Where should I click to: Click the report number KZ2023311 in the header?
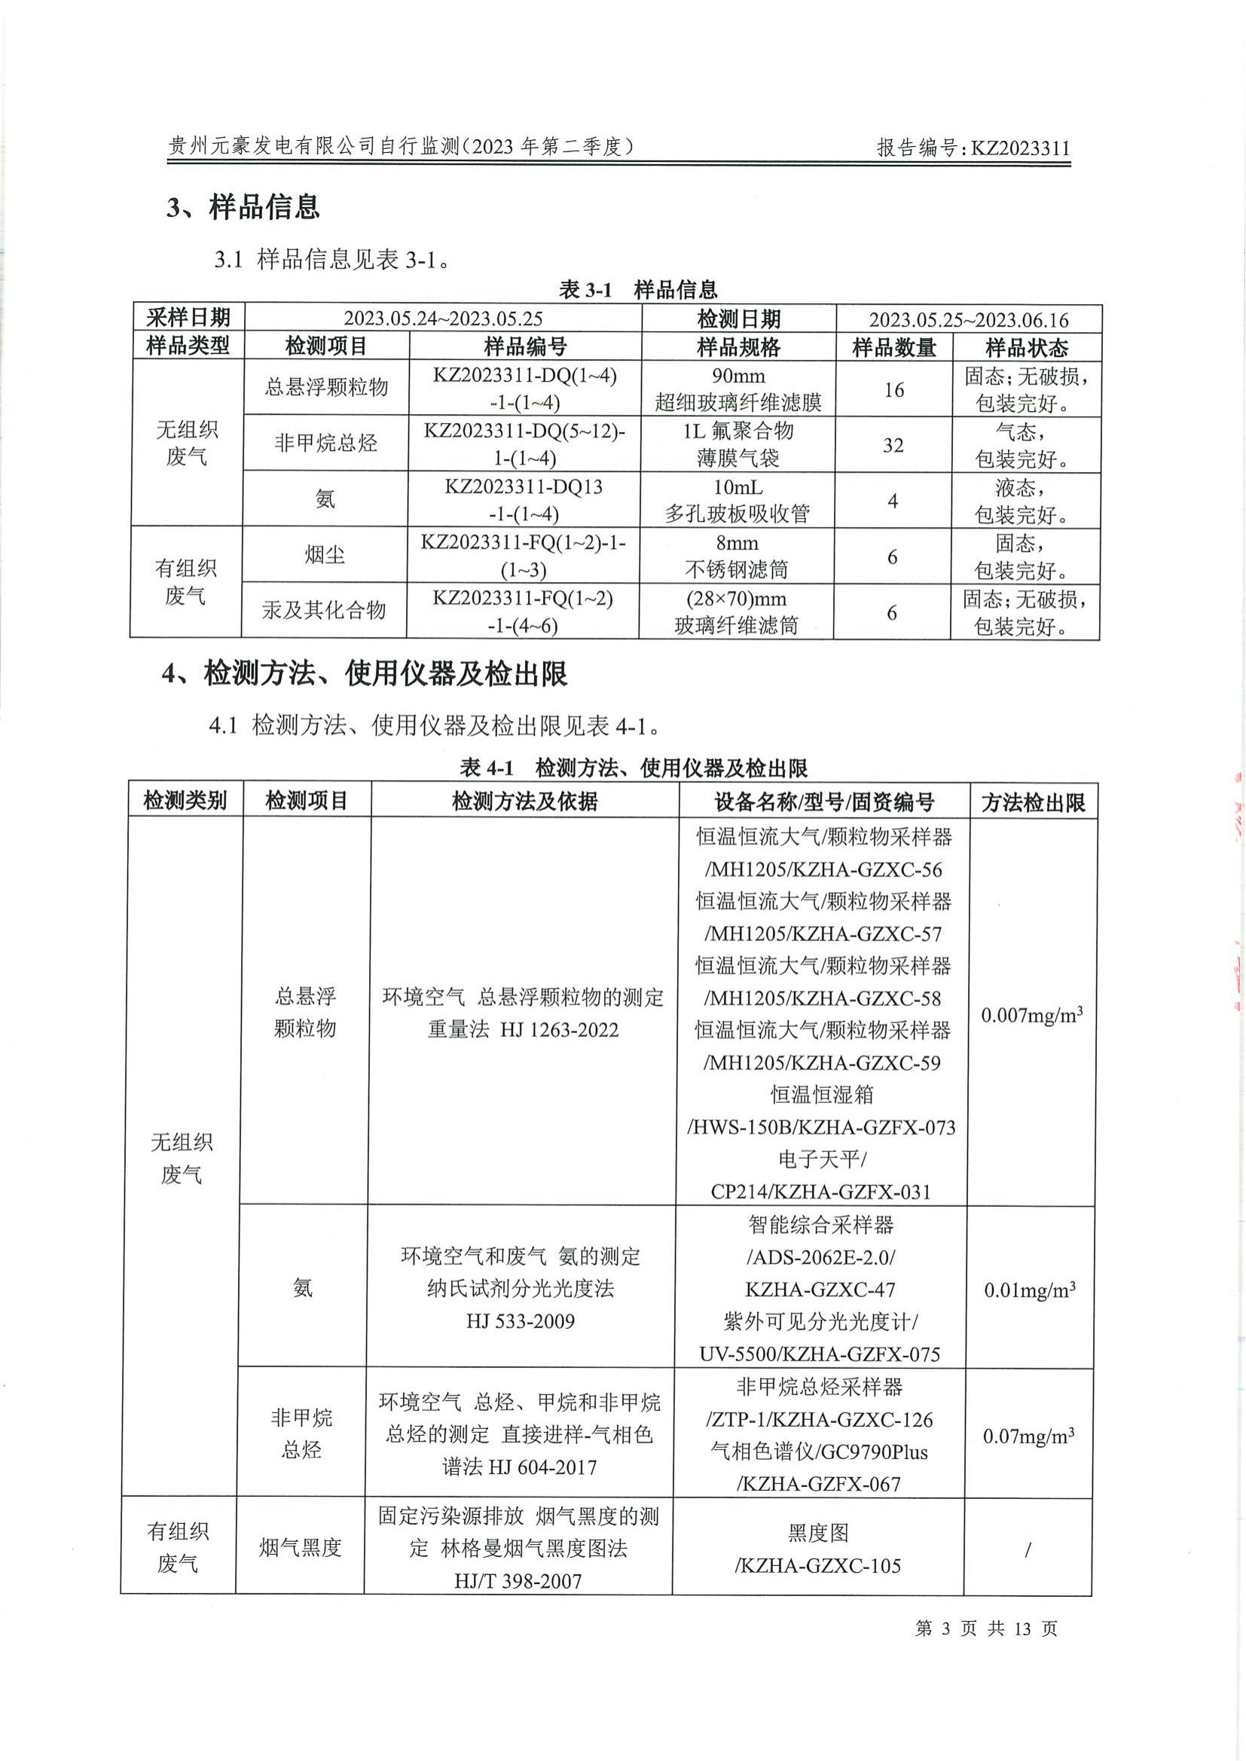click(x=1020, y=148)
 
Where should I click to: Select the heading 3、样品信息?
click(x=243, y=207)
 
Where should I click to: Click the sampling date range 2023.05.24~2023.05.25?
click(x=443, y=318)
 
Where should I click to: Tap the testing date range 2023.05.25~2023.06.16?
click(x=968, y=320)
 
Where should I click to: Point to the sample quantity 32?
click(x=893, y=445)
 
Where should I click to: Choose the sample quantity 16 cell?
click(x=894, y=390)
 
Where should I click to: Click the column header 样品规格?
click(x=738, y=347)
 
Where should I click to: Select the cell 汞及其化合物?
click(x=324, y=611)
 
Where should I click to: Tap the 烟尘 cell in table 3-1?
click(x=325, y=554)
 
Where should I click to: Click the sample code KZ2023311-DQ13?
click(x=524, y=486)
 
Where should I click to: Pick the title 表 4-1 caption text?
click(x=633, y=767)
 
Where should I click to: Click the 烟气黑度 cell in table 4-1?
click(x=300, y=1548)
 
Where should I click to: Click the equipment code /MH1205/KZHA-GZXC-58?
click(x=822, y=998)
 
